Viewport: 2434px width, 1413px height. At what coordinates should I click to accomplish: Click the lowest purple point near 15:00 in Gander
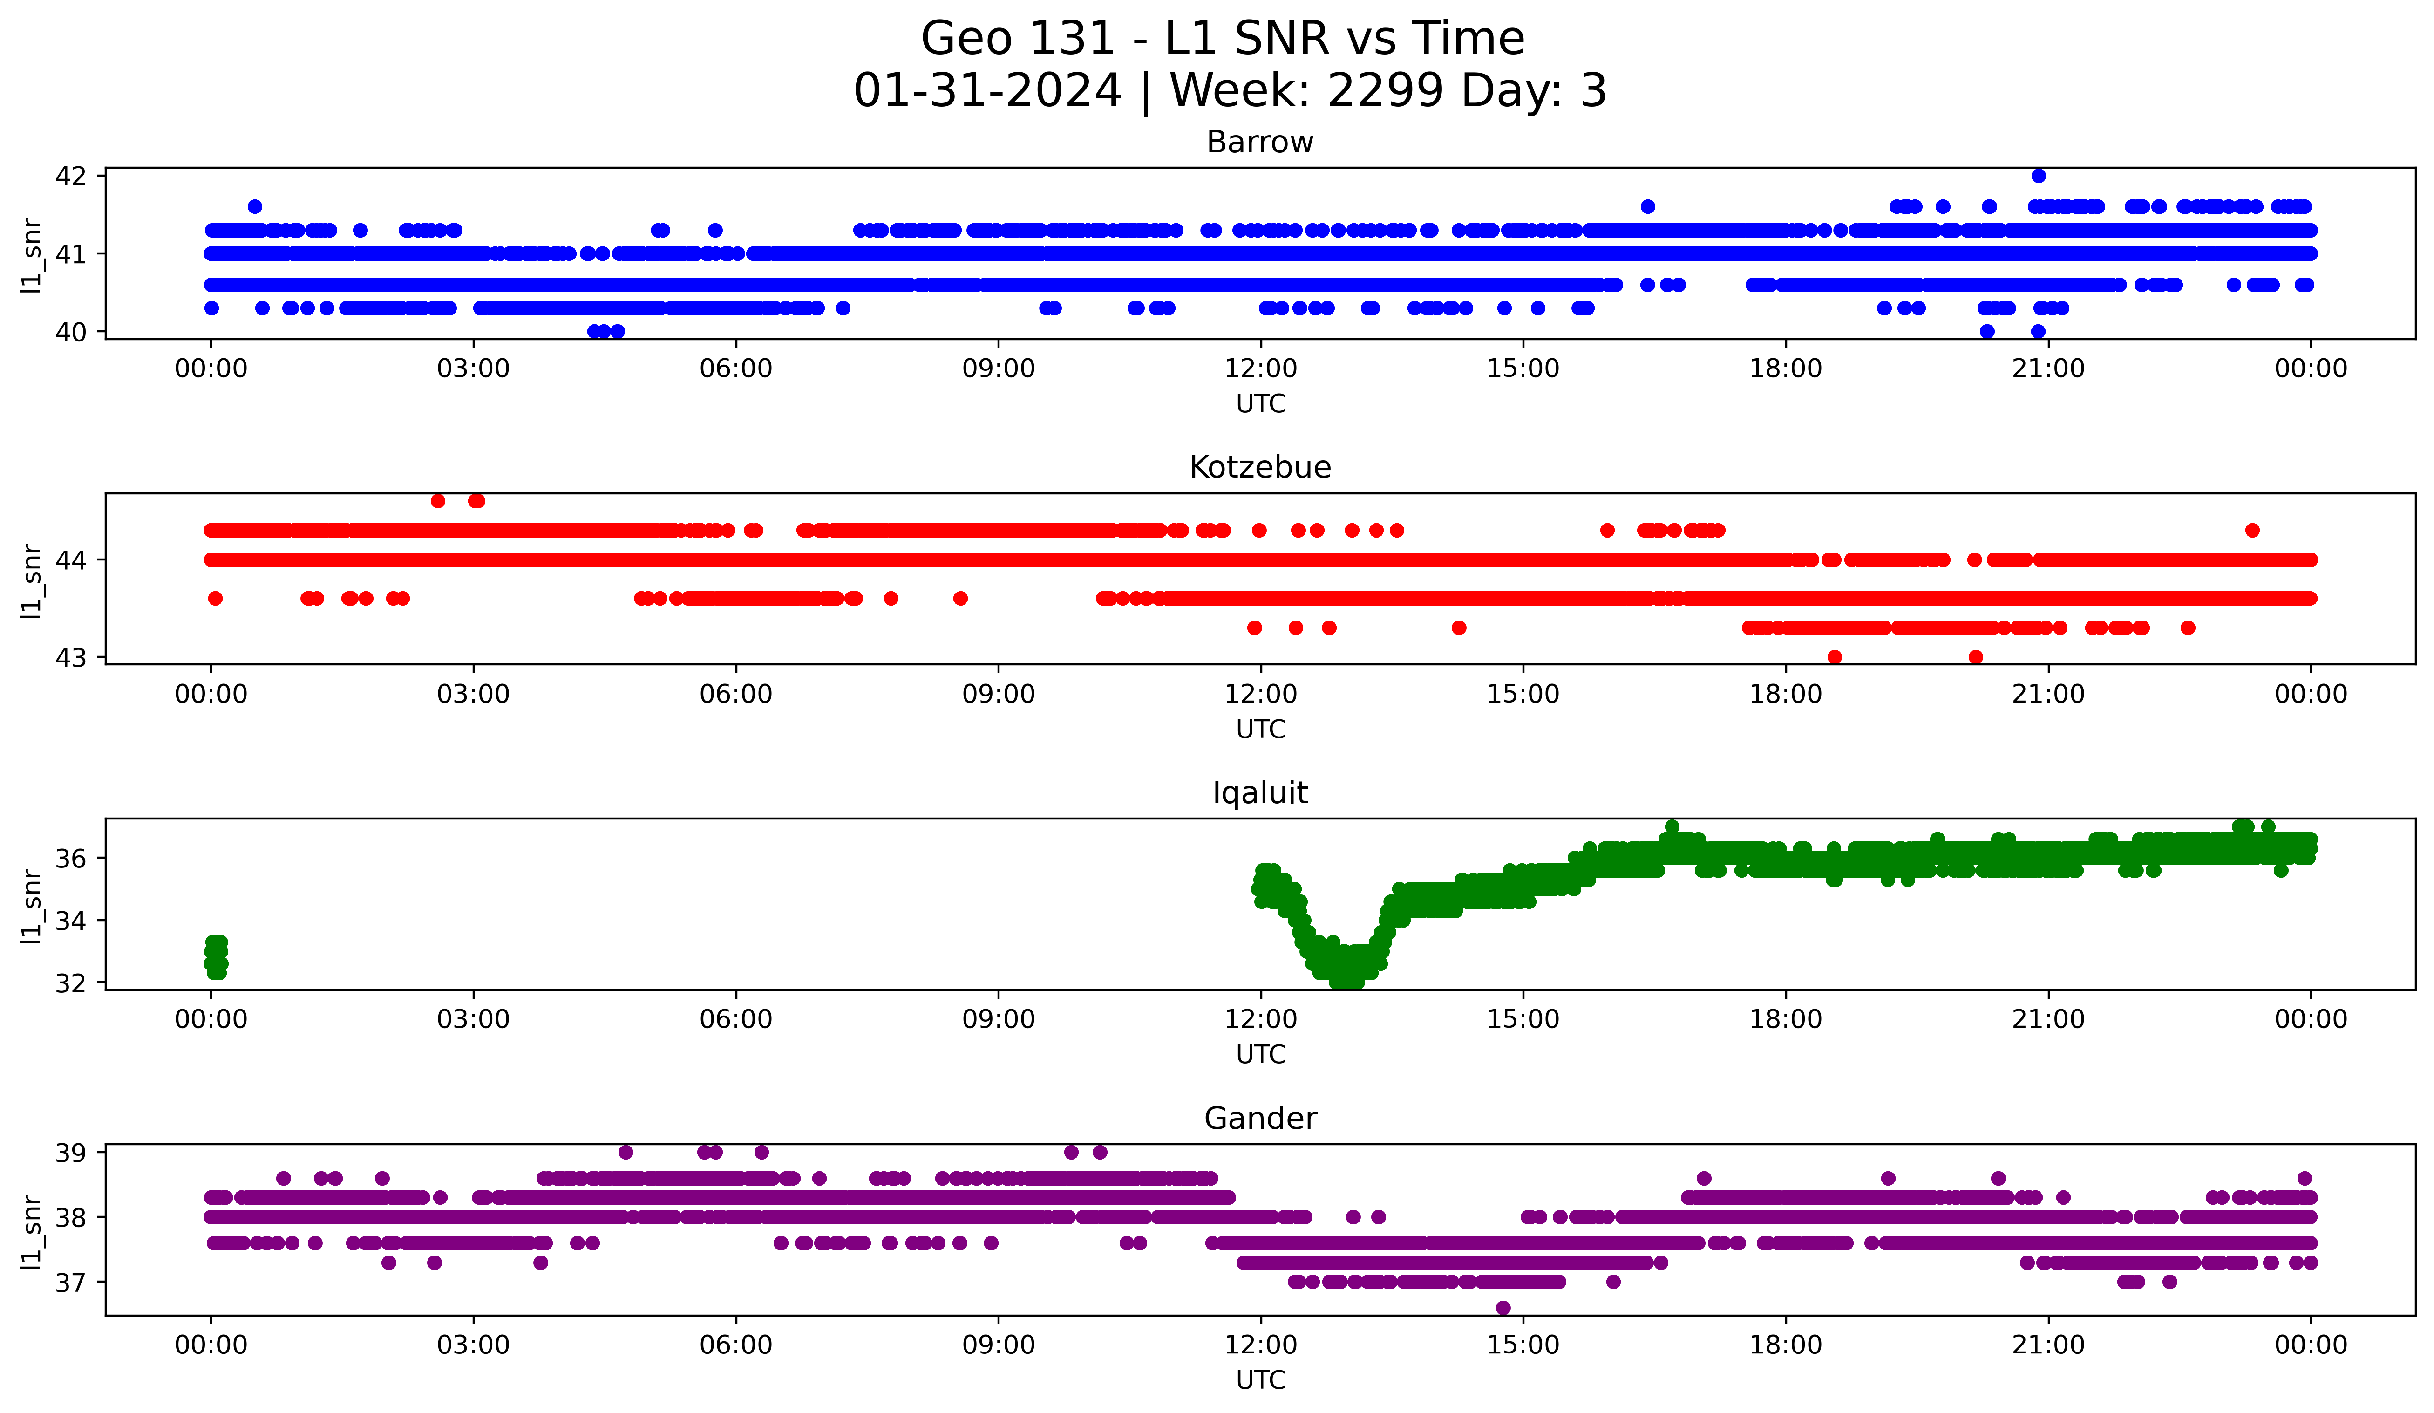click(x=1503, y=1308)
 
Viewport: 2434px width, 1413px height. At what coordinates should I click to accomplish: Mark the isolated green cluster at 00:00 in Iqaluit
click(x=217, y=956)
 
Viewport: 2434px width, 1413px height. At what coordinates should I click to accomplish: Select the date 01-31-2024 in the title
click(x=987, y=91)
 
